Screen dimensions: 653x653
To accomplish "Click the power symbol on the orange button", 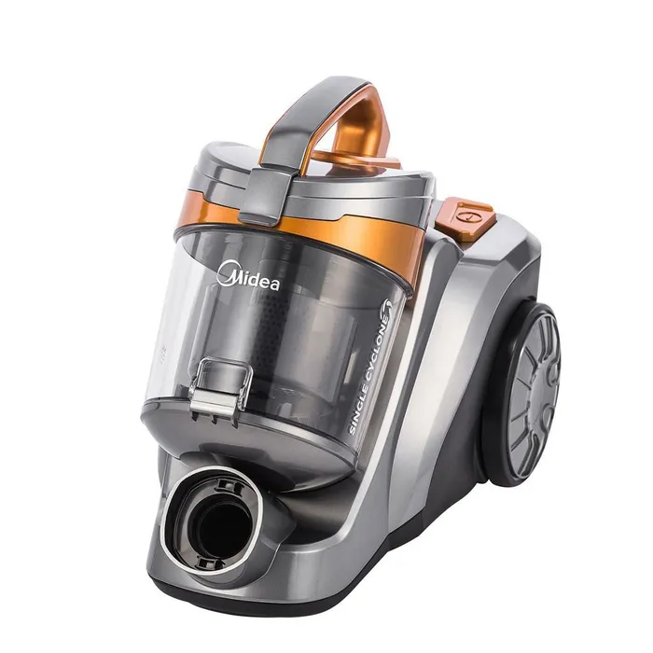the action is pyautogui.click(x=463, y=217).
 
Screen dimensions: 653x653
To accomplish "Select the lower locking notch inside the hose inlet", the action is pyautogui.click(x=207, y=563).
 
